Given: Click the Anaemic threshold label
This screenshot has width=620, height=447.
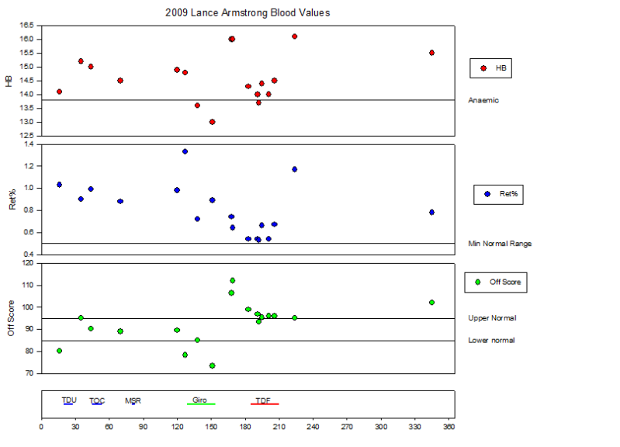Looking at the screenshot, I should click(x=483, y=100).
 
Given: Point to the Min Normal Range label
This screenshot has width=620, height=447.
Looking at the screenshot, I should click(x=500, y=244).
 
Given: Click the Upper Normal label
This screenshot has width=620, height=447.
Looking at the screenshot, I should click(x=492, y=318).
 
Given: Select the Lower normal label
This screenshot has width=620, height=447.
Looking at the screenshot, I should click(x=491, y=341).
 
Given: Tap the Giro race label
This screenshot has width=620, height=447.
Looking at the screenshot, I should click(x=199, y=400).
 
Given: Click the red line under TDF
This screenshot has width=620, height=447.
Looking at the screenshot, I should click(x=265, y=404).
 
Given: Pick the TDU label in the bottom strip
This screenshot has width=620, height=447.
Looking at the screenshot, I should click(x=69, y=400).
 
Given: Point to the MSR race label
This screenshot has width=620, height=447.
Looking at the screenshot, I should click(x=133, y=401).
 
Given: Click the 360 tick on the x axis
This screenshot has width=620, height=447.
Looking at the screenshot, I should click(x=449, y=426).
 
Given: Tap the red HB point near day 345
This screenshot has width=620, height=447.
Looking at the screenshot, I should click(x=431, y=53).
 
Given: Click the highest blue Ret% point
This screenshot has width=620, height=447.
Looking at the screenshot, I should click(x=185, y=151).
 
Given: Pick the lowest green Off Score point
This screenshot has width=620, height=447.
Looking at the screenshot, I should click(x=212, y=366).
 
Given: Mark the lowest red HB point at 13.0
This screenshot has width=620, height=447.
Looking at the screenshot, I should click(x=212, y=122).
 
